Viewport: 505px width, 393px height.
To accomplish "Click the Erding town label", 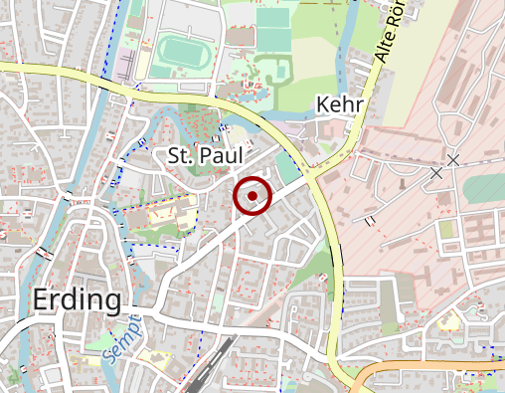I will pos(77,299).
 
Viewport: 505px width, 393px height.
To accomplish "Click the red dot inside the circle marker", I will pos(252,196).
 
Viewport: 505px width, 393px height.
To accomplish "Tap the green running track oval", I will pos(179,49).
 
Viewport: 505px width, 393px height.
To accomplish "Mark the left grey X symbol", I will pos(435,173).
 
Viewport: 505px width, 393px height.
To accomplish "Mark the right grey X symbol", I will pos(453,160).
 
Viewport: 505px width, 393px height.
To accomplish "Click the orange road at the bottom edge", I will pos(418,368).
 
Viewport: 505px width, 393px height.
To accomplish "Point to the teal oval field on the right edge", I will pos(487,188).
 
